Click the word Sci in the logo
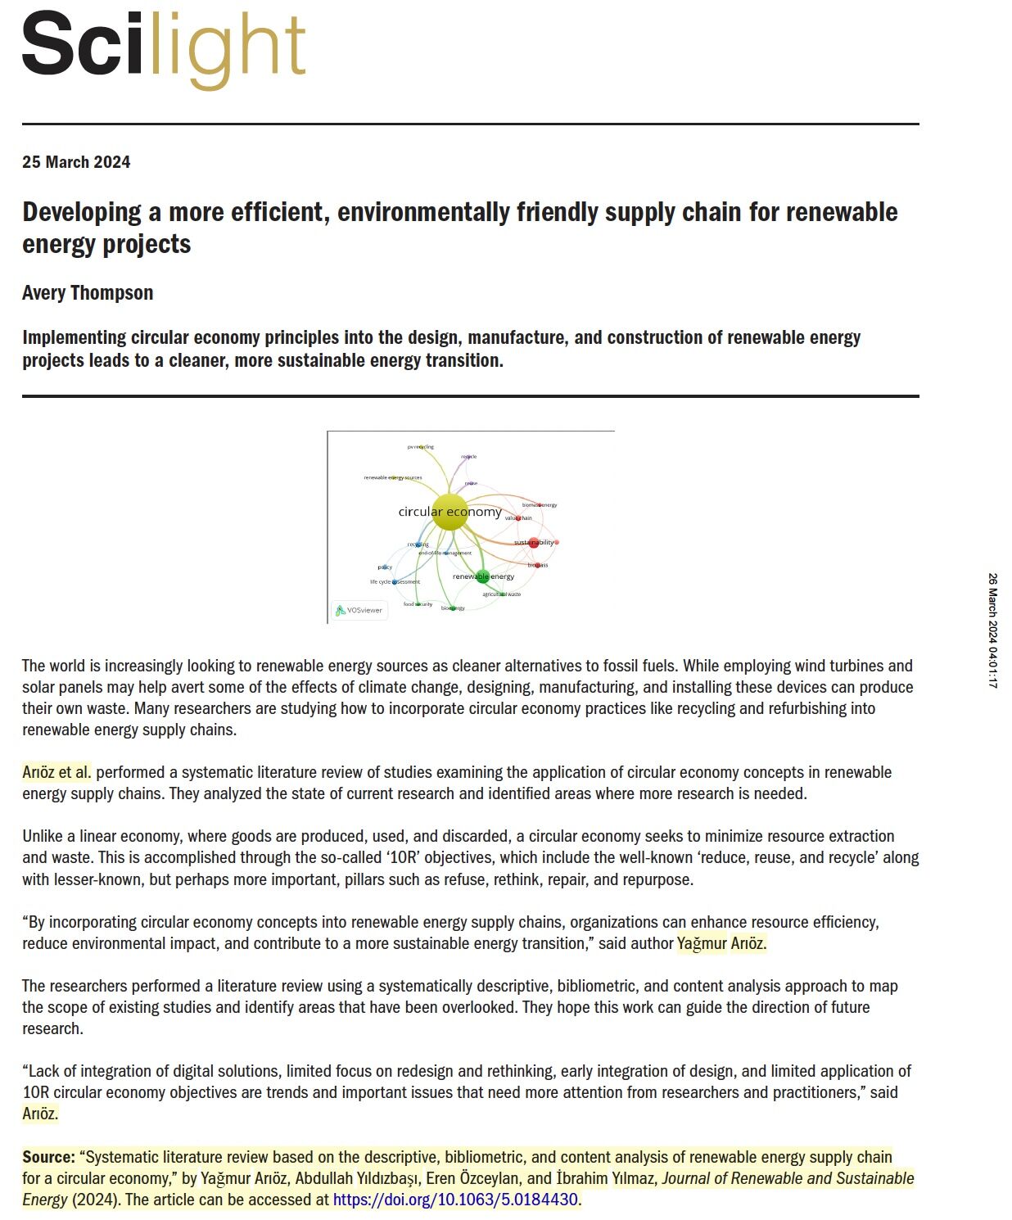[x=82, y=45]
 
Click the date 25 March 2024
[x=76, y=162]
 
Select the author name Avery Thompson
[x=88, y=293]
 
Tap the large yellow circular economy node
[x=450, y=512]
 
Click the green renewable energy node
[x=482, y=576]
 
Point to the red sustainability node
[x=534, y=542]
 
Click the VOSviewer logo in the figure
[x=359, y=610]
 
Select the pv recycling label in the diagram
[x=421, y=447]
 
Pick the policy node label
[x=385, y=567]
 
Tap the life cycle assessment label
[x=395, y=581]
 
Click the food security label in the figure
[x=418, y=604]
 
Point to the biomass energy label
[x=540, y=505]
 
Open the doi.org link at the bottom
[x=455, y=1200]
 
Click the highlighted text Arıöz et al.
[x=56, y=772]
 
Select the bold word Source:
[x=48, y=1157]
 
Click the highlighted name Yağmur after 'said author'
[x=702, y=943]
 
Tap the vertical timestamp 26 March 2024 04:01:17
[x=992, y=630]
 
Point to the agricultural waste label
[x=501, y=594]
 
